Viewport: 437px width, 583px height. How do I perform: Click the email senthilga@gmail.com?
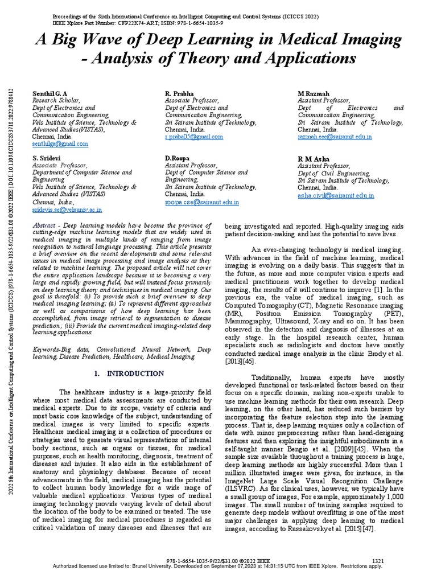[60, 144]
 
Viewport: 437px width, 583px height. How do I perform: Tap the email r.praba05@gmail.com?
[194, 137]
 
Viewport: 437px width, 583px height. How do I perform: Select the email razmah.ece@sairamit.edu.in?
[335, 137]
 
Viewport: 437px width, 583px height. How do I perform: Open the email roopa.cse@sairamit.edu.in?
[202, 202]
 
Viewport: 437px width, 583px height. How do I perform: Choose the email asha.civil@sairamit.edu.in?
[336, 195]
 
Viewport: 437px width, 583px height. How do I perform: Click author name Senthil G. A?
[50, 93]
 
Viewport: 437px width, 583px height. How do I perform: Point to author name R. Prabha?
[179, 93]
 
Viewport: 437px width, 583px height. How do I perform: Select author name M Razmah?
[314, 93]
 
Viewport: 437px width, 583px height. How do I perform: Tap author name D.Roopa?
[177, 158]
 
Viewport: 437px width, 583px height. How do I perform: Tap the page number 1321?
[377, 561]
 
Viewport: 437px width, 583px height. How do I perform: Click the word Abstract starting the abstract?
[44, 225]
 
